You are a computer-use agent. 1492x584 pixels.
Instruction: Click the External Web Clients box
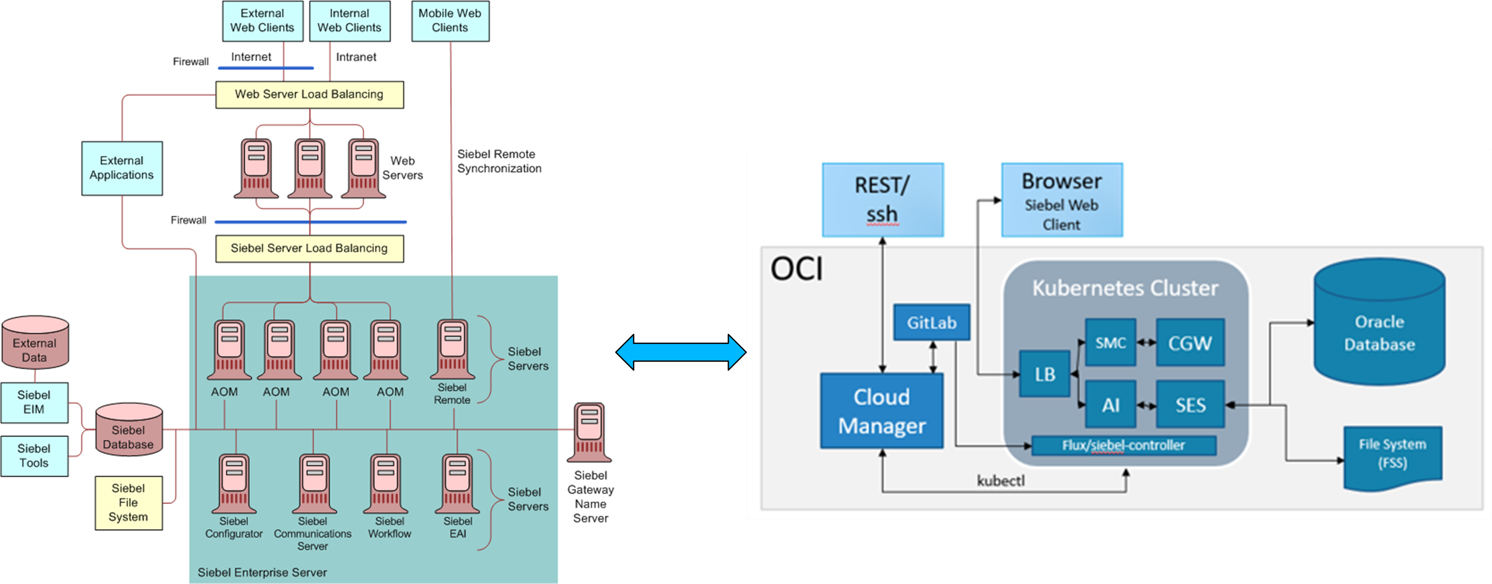tap(263, 21)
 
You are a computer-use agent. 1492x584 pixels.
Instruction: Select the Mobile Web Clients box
tap(450, 21)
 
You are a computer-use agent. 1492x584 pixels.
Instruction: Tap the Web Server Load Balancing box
tap(309, 94)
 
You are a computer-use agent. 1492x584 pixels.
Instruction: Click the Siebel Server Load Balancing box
tap(309, 248)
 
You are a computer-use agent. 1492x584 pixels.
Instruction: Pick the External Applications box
tap(122, 168)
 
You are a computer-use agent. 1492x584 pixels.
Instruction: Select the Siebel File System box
tap(129, 502)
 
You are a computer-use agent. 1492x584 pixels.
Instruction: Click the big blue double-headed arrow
tap(681, 352)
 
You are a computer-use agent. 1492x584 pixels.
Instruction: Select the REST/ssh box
tap(882, 200)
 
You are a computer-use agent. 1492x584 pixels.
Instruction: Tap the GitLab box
tap(932, 323)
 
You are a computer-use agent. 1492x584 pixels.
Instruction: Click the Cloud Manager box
tap(882, 411)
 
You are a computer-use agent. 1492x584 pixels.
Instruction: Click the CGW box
tap(1190, 343)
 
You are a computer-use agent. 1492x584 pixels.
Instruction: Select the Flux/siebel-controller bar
tap(1123, 445)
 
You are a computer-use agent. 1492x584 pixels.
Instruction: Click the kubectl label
tap(1000, 480)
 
